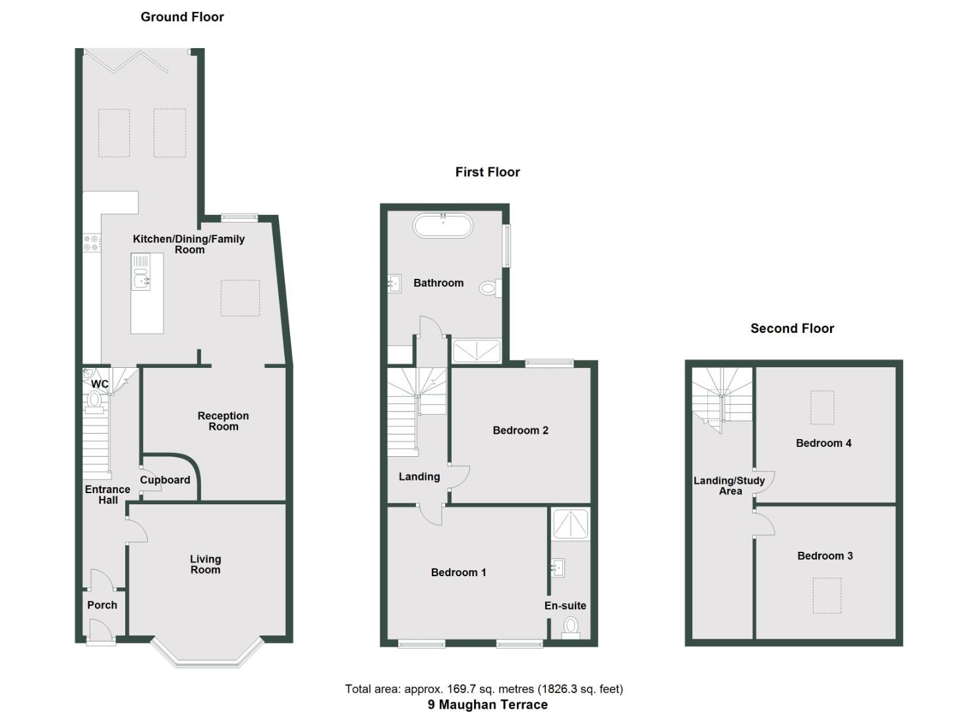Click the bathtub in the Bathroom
click(x=442, y=225)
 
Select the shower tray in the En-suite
click(x=570, y=523)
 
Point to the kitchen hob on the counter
click(x=92, y=243)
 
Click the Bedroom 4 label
click(x=823, y=443)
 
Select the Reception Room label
click(x=223, y=421)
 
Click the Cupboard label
click(x=165, y=480)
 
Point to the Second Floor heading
click(x=792, y=328)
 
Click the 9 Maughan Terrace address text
click(x=487, y=704)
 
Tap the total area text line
click(x=484, y=689)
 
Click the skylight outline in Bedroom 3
click(x=827, y=595)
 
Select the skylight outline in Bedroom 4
click(x=822, y=407)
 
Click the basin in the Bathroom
click(x=394, y=283)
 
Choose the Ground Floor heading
click(x=182, y=17)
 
